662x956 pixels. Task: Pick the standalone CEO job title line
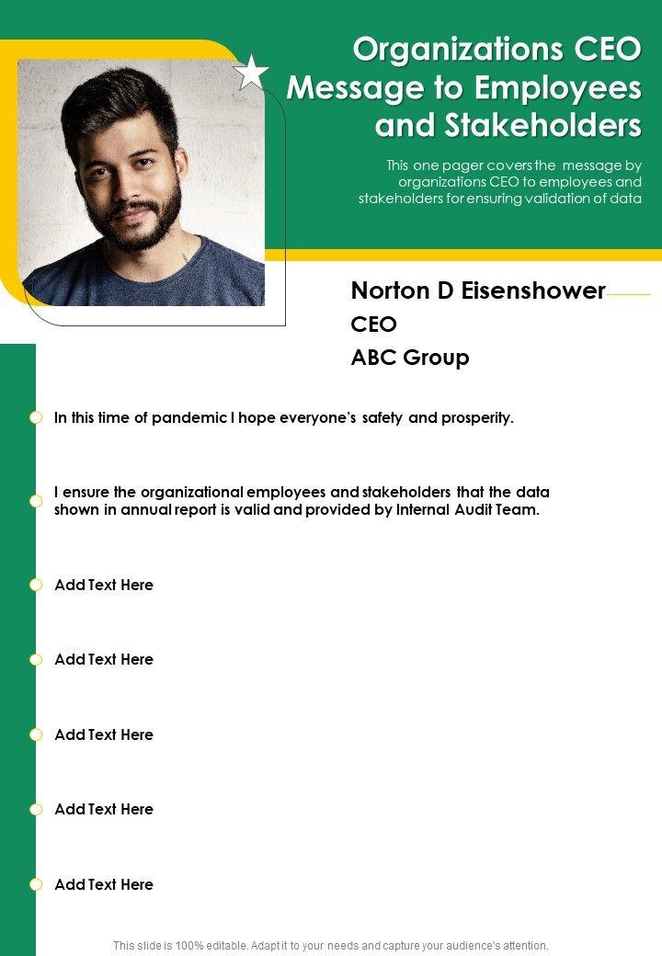point(374,324)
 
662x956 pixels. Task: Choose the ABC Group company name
point(410,358)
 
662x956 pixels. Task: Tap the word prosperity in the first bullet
point(477,418)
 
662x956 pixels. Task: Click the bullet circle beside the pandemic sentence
point(36,417)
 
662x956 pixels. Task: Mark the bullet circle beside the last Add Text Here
point(36,884)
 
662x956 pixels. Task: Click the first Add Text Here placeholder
point(104,585)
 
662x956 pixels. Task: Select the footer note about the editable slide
point(331,945)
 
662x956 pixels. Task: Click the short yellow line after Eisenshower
point(629,294)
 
